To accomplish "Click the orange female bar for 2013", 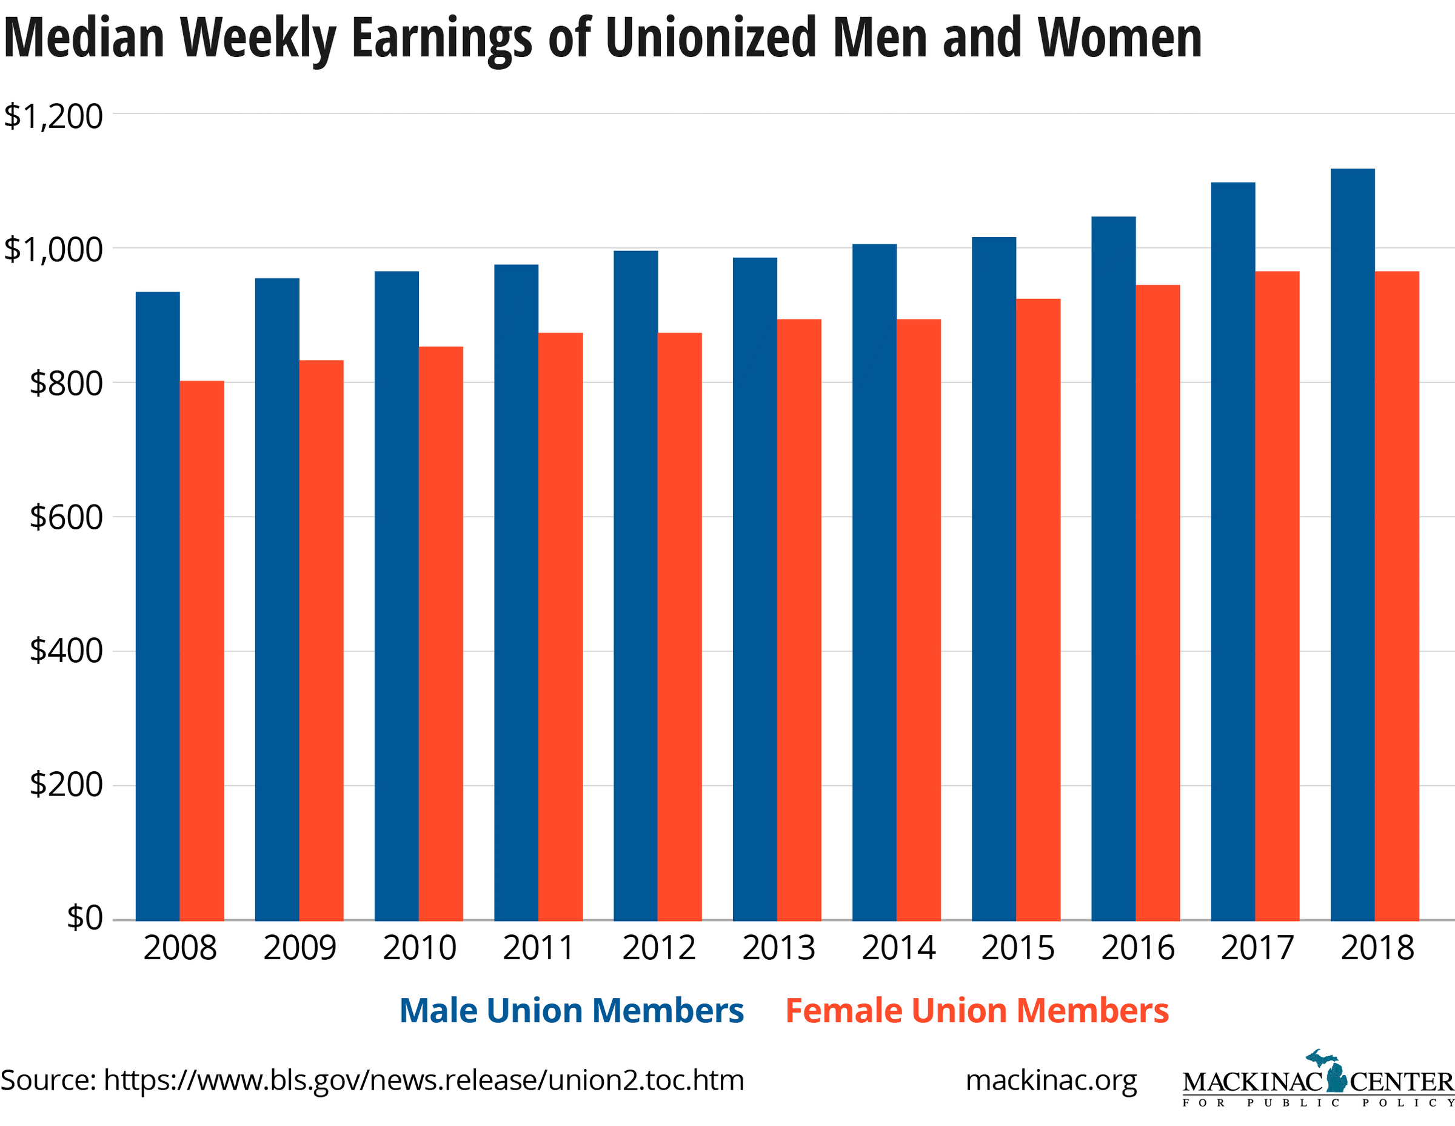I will (x=799, y=619).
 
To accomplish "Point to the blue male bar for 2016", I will (x=1113, y=568).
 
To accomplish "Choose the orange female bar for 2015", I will (x=1038, y=609).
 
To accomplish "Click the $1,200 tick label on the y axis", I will (x=53, y=116).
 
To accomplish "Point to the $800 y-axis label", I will (x=65, y=384).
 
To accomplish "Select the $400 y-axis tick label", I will (x=65, y=651).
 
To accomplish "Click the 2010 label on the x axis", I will (x=419, y=948).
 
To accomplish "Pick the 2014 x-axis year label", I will (x=898, y=948).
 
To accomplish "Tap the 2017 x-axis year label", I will (x=1257, y=948).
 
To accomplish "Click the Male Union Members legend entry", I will (x=572, y=1011).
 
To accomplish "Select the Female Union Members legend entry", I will (x=977, y=1011).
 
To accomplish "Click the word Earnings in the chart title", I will (x=442, y=39).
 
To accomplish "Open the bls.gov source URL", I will (x=424, y=1081).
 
